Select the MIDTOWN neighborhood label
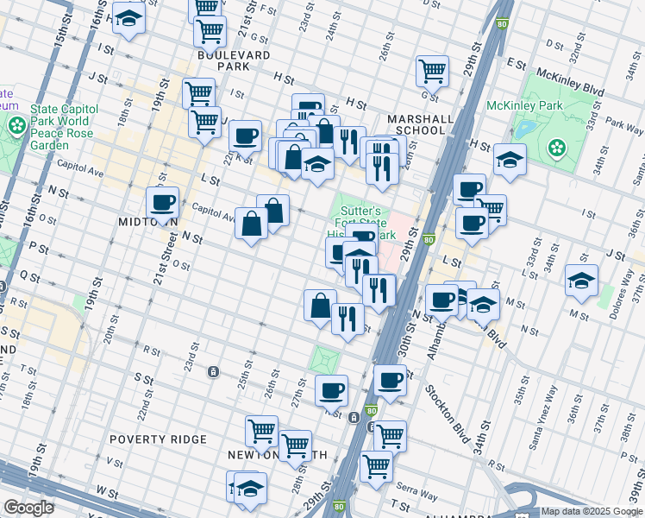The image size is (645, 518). point(147,222)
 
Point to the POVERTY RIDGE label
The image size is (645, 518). point(159,439)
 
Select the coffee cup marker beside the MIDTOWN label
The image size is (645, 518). point(162,203)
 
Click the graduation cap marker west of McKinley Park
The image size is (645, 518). point(510,160)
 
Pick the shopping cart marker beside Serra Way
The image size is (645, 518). point(376,465)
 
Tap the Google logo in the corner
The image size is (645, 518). point(28,508)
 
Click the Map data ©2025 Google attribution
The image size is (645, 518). point(592,511)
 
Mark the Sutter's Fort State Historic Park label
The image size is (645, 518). point(360,222)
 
